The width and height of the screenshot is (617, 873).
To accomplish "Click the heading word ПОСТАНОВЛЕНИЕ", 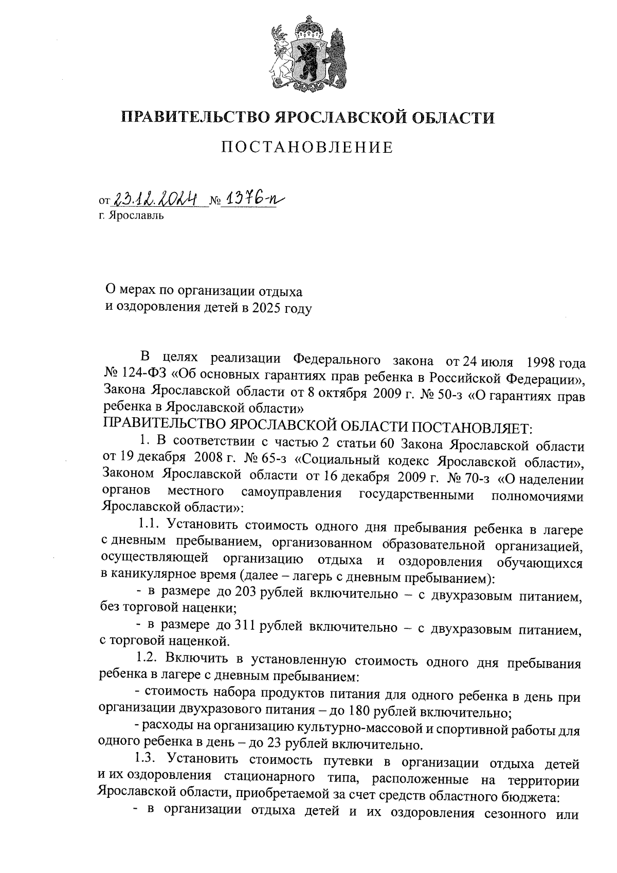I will [x=307, y=148].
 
